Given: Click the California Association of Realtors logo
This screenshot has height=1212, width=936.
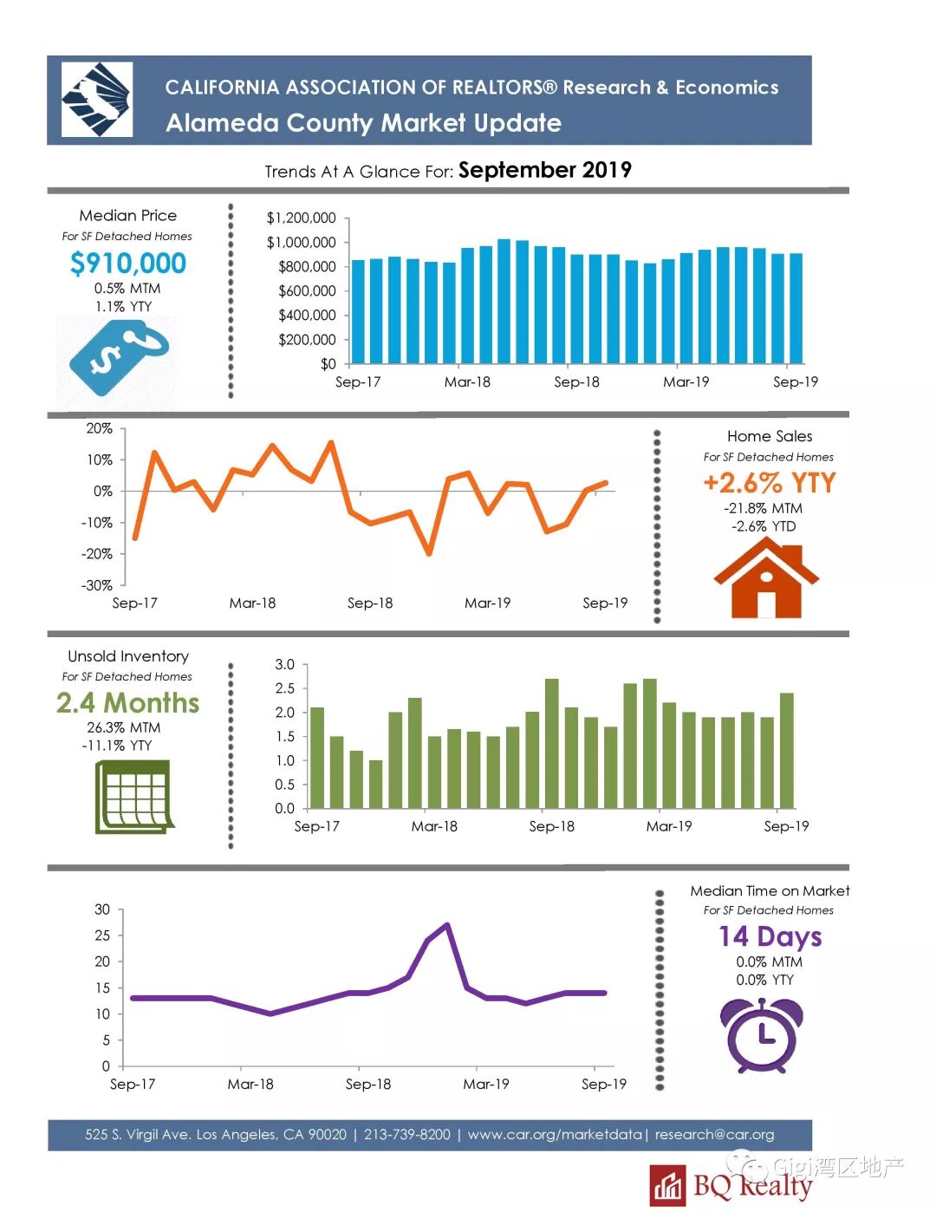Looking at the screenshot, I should pos(96,99).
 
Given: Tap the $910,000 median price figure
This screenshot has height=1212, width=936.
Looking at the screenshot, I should pos(128,263).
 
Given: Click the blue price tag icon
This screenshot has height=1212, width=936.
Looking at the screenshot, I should pos(118,356).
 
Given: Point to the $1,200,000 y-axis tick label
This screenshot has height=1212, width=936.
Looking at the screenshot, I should pos(301,218).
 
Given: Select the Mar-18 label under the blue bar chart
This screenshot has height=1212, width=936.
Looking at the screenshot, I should pos(467,381).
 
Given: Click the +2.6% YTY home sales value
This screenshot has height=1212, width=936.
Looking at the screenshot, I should pos(769,483).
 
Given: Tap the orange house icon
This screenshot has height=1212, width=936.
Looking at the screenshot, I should pos(766,578).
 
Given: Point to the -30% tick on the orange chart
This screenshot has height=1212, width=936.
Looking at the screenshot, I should pos(97,585).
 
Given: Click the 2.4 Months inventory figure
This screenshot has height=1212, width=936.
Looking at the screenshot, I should pos(128,702).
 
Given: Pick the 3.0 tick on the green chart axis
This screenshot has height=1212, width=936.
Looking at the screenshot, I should pos(284,665).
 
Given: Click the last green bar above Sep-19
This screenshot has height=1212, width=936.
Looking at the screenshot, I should pos(787,750).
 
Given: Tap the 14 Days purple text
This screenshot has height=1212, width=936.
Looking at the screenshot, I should pos(770,936).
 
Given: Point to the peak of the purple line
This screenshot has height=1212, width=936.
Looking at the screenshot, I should pos(446,925).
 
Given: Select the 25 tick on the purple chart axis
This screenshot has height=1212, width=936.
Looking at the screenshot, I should pos(102,935).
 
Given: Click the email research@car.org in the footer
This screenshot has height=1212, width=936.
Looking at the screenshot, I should pos(714,1134).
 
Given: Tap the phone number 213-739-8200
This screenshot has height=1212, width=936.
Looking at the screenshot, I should pos(407,1134).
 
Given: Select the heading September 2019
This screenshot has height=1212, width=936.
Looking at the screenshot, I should pos(544,170).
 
